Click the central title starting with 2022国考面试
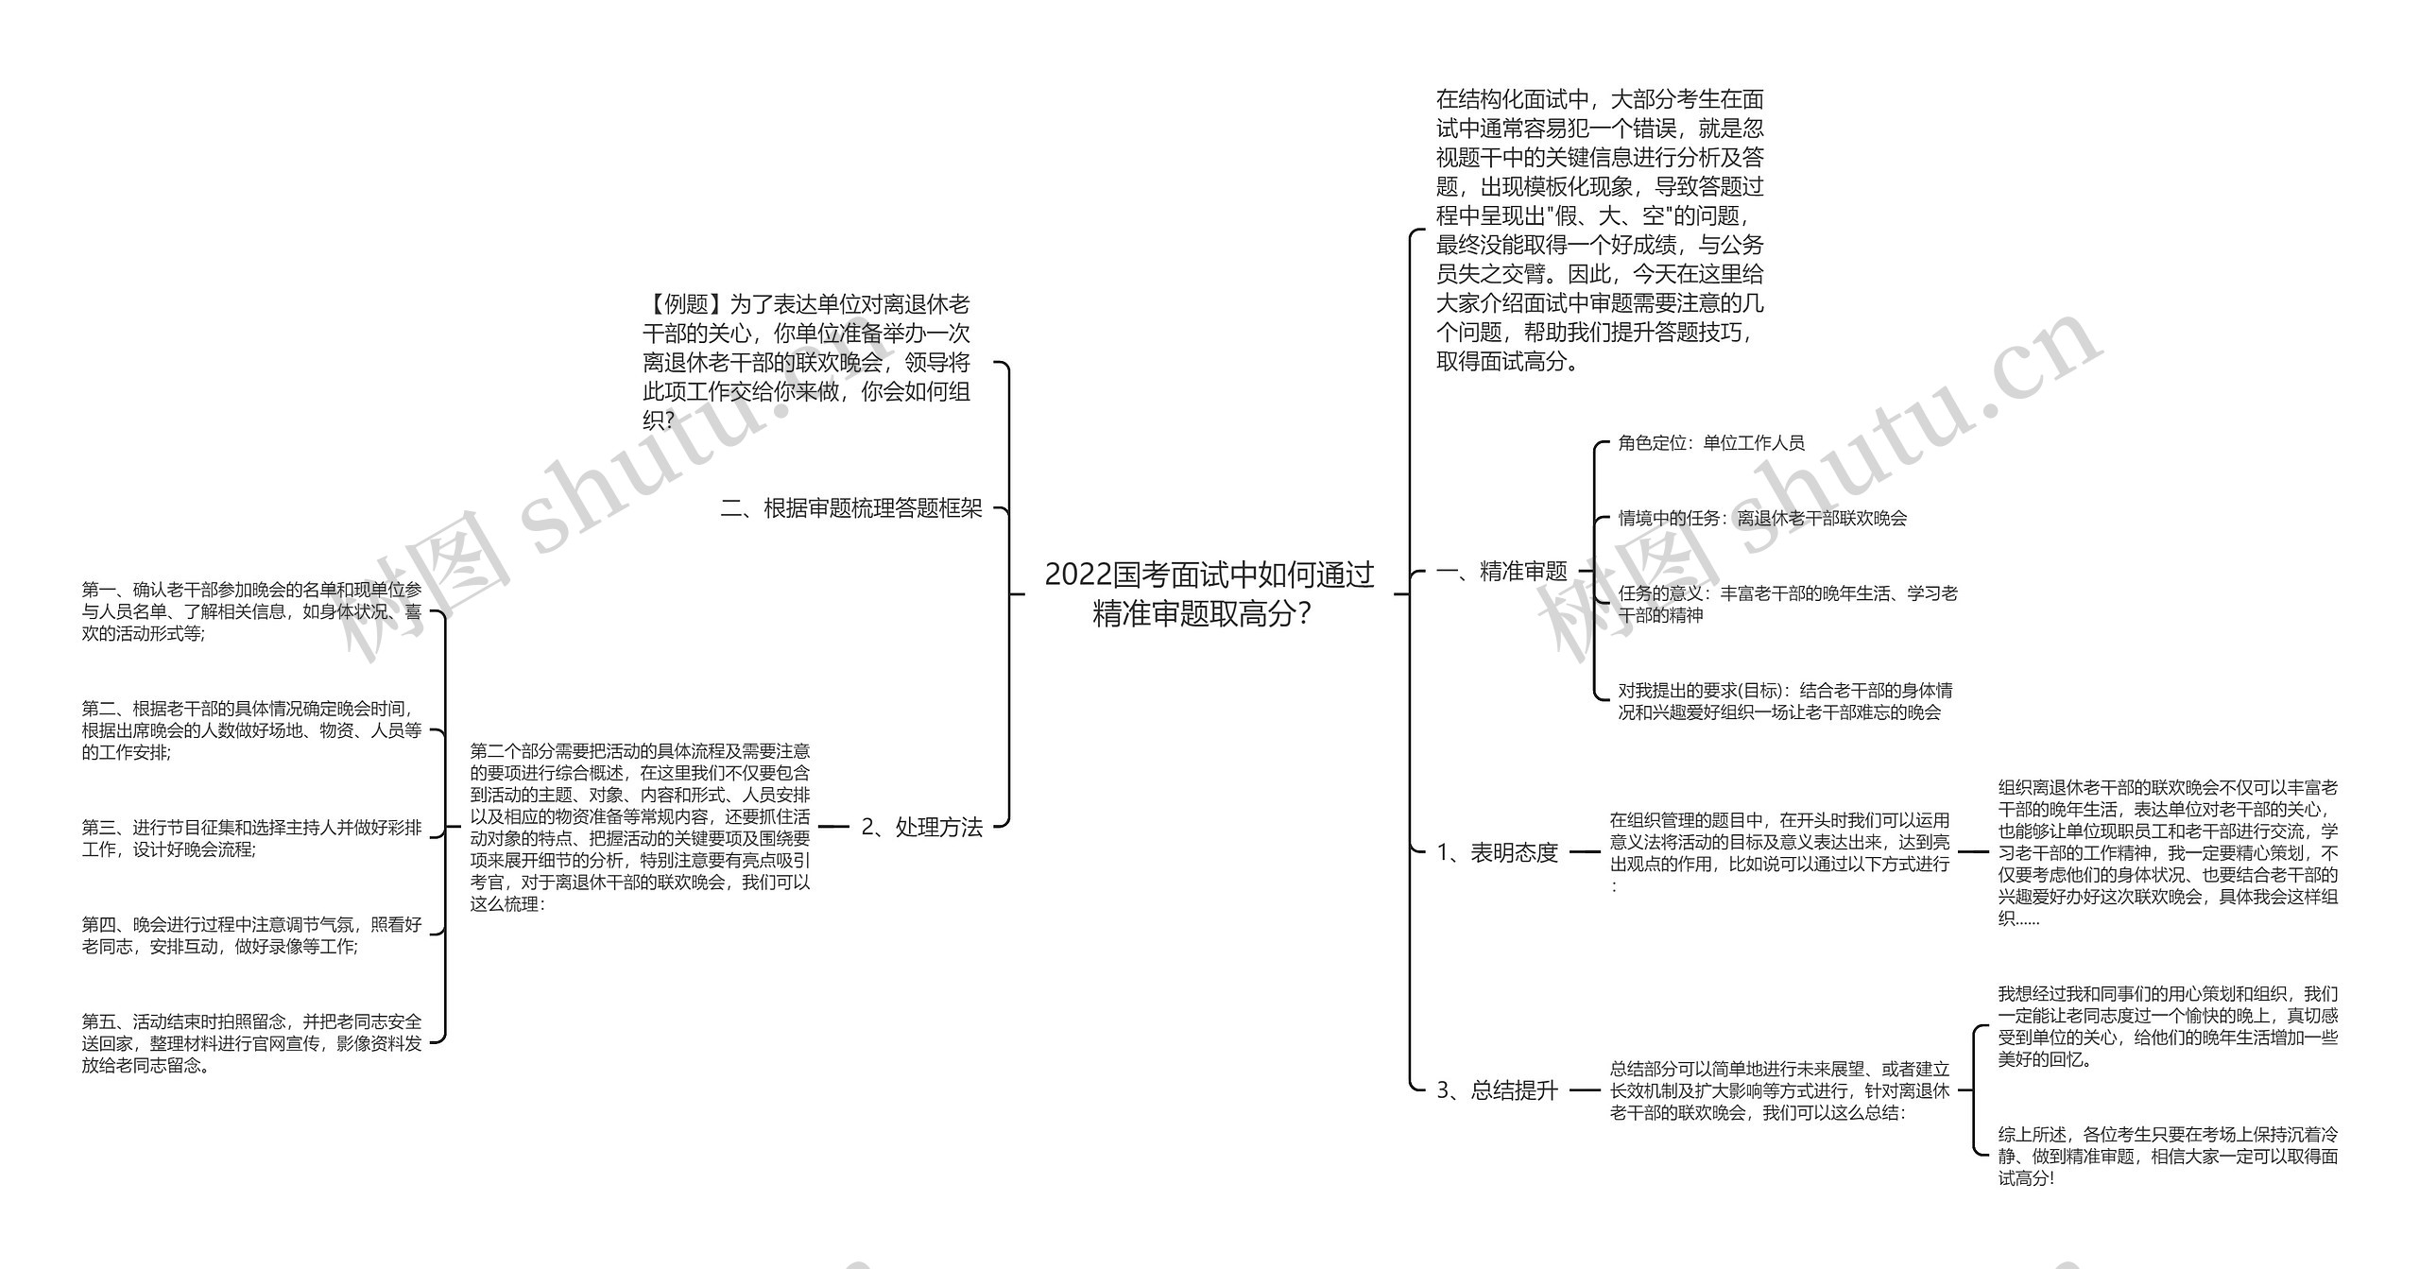click(x=1209, y=593)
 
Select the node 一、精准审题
click(x=1501, y=571)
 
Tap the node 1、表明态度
click(x=1497, y=852)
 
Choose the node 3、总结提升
click(x=1497, y=1090)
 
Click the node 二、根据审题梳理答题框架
click(x=851, y=508)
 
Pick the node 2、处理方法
click(x=921, y=827)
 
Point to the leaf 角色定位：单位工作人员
click(x=1710, y=442)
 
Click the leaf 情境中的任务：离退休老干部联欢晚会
click(x=1762, y=518)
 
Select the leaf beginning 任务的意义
click(x=1787, y=604)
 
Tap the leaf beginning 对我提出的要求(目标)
click(x=1784, y=701)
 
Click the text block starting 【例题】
click(x=806, y=362)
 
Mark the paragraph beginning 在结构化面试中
click(x=1599, y=230)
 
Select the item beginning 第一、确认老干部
click(x=251, y=611)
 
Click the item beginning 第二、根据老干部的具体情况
click(x=251, y=730)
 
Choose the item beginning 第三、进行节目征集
click(x=251, y=838)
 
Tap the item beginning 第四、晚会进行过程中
click(x=251, y=935)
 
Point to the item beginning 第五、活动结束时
click(x=251, y=1043)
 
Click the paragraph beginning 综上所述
click(x=2168, y=1156)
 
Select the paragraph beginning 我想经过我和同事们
click(x=2168, y=1026)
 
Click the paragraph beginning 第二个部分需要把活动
click(x=640, y=827)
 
